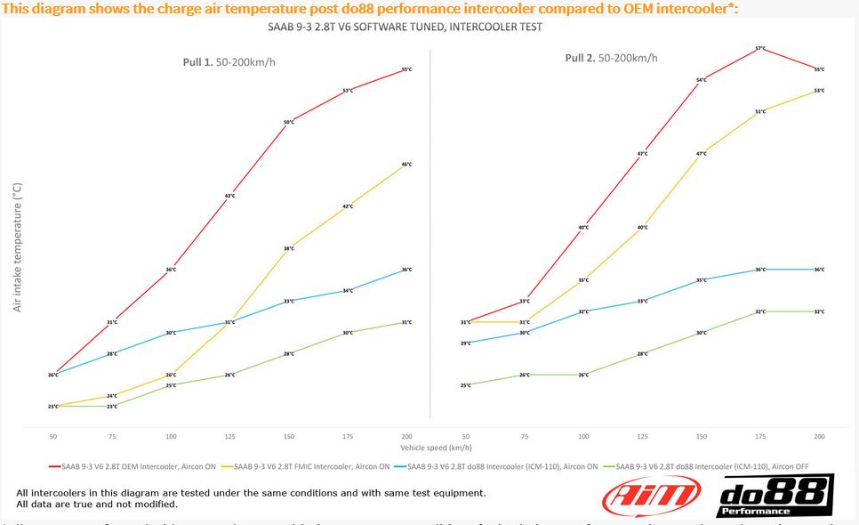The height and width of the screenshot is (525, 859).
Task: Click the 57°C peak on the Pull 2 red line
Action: (760, 48)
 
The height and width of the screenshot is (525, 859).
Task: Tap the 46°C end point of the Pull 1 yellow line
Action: (406, 165)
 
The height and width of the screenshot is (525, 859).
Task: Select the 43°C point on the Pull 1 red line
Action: (229, 196)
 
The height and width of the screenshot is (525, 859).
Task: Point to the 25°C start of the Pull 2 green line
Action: (466, 385)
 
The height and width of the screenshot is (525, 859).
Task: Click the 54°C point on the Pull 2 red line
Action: (701, 80)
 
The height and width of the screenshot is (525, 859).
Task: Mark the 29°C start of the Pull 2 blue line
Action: (466, 343)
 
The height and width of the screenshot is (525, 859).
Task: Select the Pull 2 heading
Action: (612, 58)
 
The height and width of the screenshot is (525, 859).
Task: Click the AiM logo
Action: (639, 496)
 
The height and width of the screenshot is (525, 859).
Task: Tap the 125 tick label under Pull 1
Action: (229, 437)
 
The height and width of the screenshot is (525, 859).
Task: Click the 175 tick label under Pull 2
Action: (760, 437)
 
